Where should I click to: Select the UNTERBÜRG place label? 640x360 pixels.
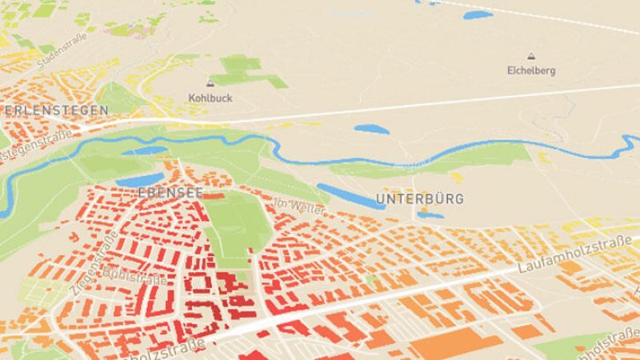coord(419,198)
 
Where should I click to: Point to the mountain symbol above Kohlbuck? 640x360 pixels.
coord(210,83)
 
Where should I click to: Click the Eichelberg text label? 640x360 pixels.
coord(531,70)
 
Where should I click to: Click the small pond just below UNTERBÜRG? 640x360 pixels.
coord(430,215)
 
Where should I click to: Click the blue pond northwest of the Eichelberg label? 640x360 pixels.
coord(477,14)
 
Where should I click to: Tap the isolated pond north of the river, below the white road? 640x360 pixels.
coord(372,128)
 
